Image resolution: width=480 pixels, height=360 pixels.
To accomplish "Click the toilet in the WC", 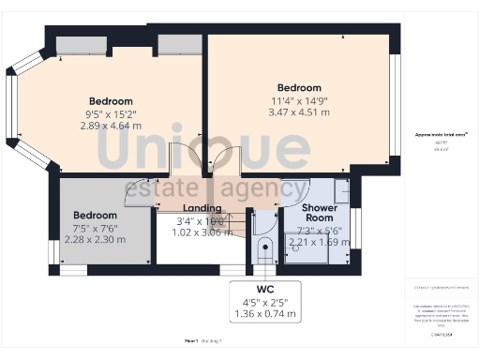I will [x=265, y=251].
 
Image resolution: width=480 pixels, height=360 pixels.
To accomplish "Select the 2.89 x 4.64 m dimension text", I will [x=111, y=126].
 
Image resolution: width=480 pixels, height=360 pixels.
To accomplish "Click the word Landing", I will [x=202, y=208].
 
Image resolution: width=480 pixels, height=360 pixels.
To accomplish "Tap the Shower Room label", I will [x=319, y=212].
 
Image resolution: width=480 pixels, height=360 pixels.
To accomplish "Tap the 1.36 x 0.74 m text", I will [x=264, y=313].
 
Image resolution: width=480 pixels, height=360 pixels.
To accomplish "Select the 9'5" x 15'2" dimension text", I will [x=111, y=113].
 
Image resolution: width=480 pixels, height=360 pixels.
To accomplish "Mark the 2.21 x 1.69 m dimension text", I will [x=319, y=240].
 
